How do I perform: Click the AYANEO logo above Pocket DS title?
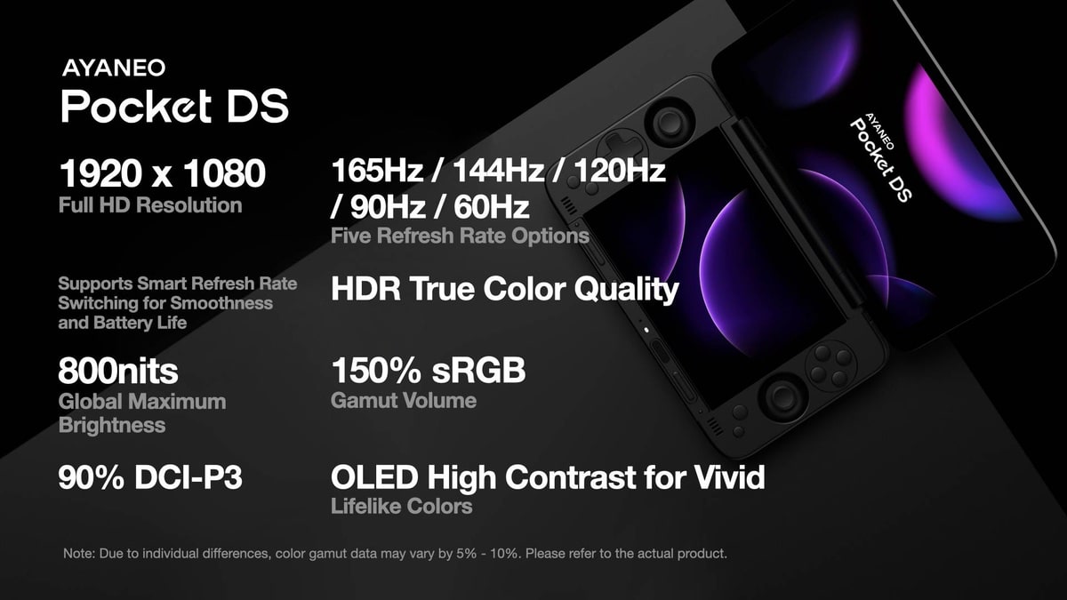click(114, 68)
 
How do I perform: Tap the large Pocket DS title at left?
click(175, 106)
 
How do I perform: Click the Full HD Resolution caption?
click(150, 205)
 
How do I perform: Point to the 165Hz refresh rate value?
click(377, 170)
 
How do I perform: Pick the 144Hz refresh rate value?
click(498, 170)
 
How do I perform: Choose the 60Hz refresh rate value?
click(491, 206)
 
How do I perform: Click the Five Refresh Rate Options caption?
click(461, 236)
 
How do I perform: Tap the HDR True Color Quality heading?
click(505, 290)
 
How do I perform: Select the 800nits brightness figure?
click(118, 371)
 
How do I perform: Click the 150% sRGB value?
click(429, 370)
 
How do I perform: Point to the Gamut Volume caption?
click(404, 401)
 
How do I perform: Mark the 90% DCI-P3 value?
click(150, 477)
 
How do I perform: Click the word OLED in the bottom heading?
click(374, 476)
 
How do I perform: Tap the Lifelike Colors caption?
click(402, 506)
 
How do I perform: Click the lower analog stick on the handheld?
click(782, 396)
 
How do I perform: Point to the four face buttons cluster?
click(830, 365)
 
